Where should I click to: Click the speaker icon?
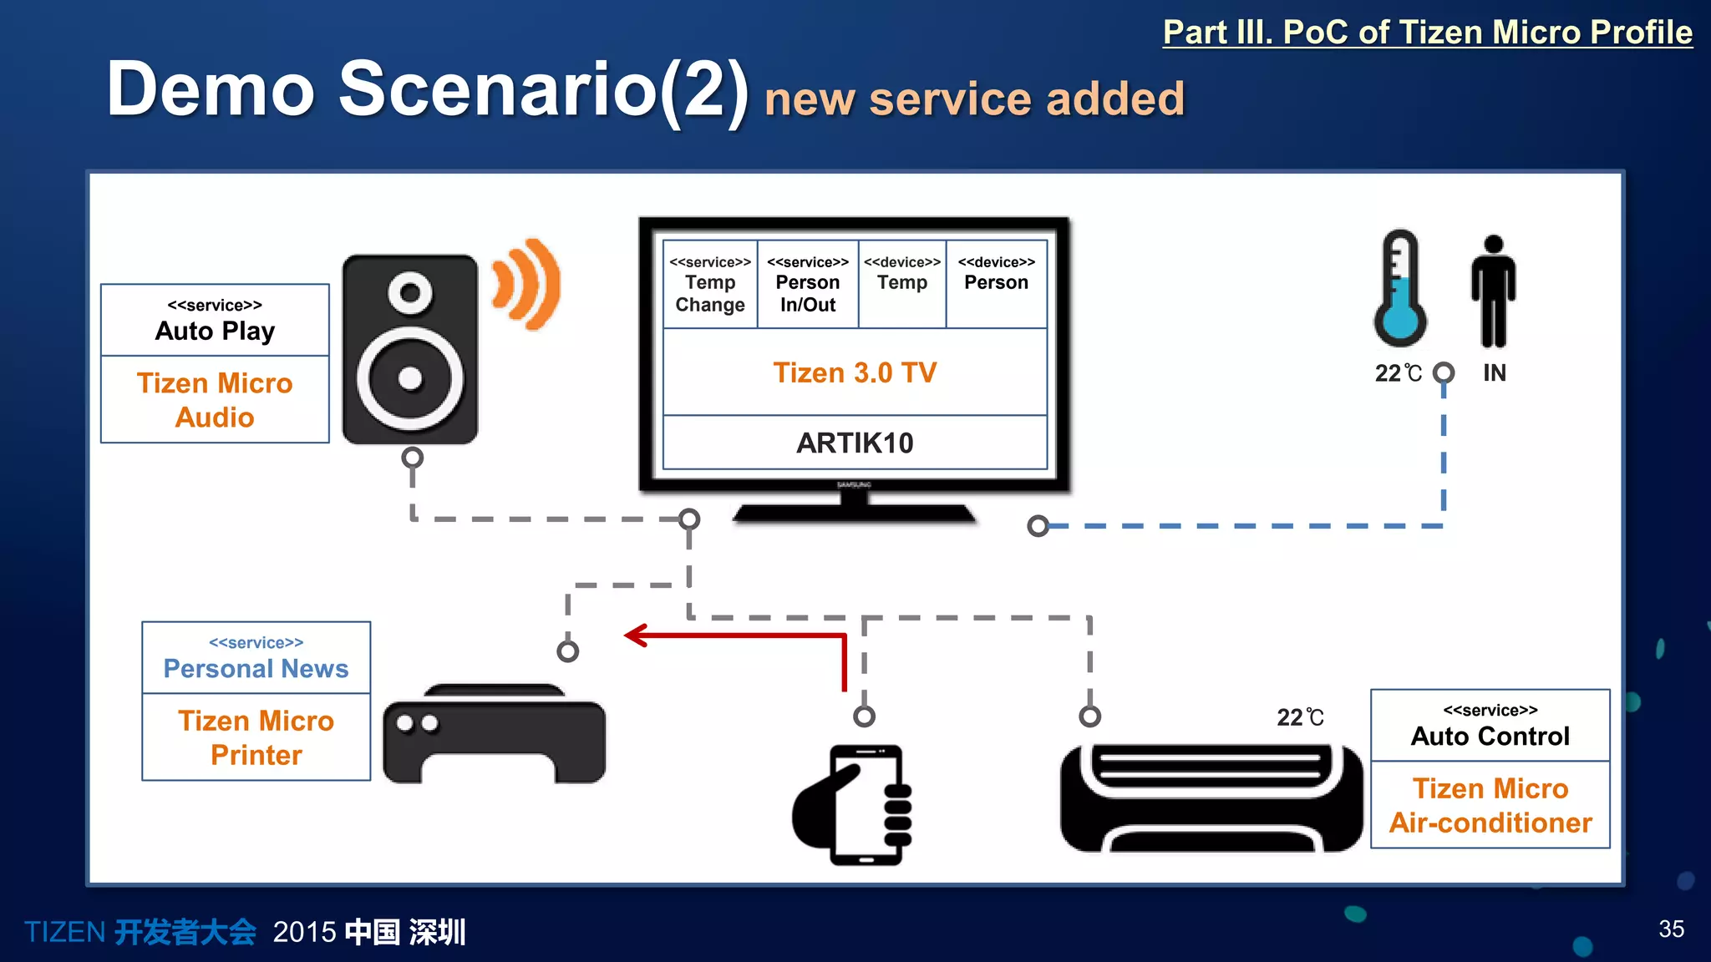(x=410, y=349)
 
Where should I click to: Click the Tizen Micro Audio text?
(x=215, y=400)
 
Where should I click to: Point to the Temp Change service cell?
(x=710, y=285)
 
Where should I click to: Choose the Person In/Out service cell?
(x=807, y=285)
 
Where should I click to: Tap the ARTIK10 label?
(x=855, y=443)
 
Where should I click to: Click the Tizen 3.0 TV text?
(x=855, y=372)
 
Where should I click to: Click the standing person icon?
(x=1494, y=291)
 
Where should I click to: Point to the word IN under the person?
(x=1495, y=372)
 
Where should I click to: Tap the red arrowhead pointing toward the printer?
(x=637, y=635)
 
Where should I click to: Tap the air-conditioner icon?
(x=1211, y=798)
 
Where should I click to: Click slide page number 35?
(x=1671, y=929)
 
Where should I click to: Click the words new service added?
(x=974, y=99)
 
